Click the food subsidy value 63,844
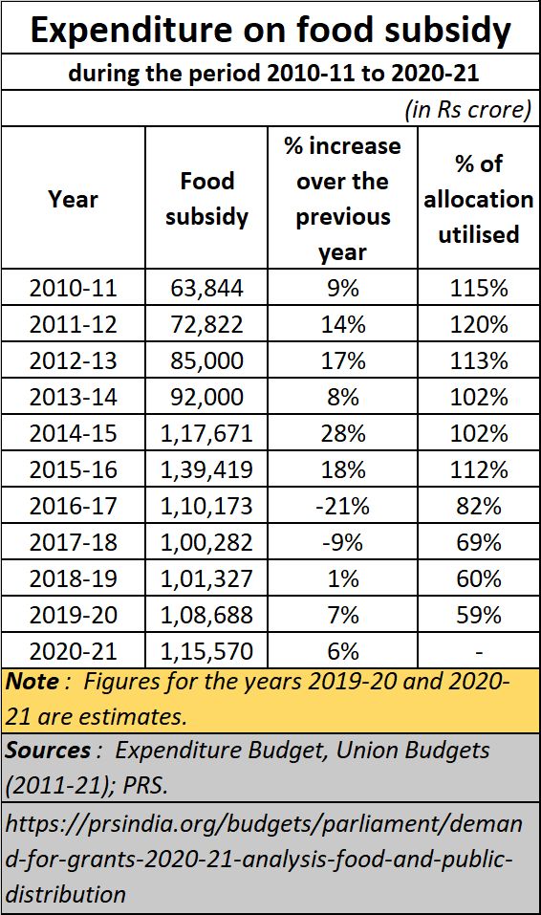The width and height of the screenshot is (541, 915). [x=206, y=288]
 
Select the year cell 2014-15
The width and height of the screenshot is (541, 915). [x=73, y=433]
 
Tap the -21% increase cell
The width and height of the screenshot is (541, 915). [x=342, y=506]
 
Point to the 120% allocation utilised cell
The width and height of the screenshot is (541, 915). [x=479, y=324]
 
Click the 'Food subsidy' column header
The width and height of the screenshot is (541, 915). [x=206, y=199]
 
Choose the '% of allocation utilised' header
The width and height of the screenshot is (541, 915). [x=479, y=199]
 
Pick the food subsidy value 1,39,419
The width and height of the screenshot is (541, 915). [x=206, y=469]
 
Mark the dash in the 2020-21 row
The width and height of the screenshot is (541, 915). [x=479, y=652]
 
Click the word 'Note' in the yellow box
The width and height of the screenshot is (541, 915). [x=32, y=681]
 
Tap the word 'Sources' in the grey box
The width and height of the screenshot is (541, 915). [x=48, y=750]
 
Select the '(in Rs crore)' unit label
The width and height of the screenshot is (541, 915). [x=468, y=109]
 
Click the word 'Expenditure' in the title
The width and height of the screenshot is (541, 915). [x=131, y=30]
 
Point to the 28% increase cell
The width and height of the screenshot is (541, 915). [x=342, y=433]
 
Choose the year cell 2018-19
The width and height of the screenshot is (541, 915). [x=73, y=578]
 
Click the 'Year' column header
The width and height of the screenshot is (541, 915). [x=73, y=199]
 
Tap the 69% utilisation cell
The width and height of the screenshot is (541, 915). [x=479, y=542]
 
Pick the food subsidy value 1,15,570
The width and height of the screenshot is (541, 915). [x=206, y=651]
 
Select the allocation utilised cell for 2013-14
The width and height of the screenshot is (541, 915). [x=479, y=397]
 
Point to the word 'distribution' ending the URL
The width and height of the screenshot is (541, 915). [x=66, y=894]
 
